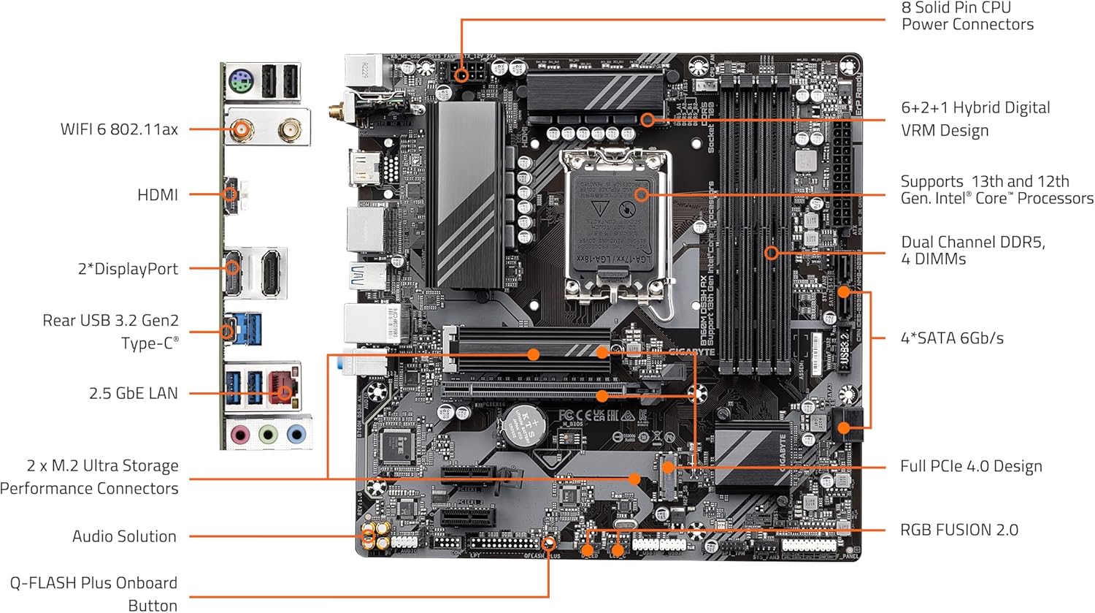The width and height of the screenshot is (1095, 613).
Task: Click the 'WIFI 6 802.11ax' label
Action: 119,129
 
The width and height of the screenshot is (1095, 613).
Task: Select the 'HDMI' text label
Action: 158,195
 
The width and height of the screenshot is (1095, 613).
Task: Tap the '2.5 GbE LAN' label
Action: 133,393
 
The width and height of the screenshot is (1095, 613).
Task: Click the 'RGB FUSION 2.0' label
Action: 958,530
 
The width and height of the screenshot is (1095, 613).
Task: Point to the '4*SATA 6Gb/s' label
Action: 952,338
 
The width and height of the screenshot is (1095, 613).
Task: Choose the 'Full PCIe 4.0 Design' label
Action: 971,466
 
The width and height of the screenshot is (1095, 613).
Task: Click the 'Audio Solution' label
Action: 124,536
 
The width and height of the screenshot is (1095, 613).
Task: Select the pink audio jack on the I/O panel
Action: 240,435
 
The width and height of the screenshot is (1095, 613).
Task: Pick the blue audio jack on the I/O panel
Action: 296,435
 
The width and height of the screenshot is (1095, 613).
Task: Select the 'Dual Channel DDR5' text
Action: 972,242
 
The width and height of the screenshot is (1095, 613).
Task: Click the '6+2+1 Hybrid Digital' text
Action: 975,107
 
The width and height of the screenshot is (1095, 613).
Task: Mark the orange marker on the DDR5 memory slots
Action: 772,253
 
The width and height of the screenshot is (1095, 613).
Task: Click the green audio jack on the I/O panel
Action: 268,435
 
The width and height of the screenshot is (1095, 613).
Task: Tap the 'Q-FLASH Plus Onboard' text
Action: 93,583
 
